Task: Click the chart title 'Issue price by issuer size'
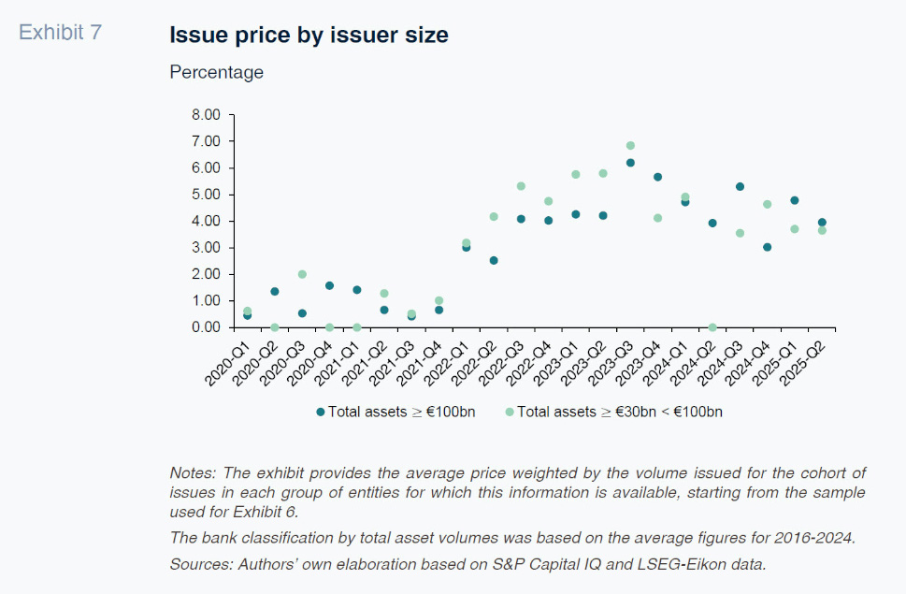pyautogui.click(x=309, y=36)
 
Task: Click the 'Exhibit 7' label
pyautogui.click(x=61, y=32)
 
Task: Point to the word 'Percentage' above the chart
pyautogui.click(x=216, y=72)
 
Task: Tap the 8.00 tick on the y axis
pyautogui.click(x=206, y=115)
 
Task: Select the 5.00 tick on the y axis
pyautogui.click(x=206, y=195)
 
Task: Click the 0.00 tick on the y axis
pyautogui.click(x=206, y=327)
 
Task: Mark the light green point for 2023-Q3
pyautogui.click(x=630, y=146)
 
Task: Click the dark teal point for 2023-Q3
pyautogui.click(x=630, y=163)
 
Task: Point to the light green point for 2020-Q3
pyautogui.click(x=302, y=274)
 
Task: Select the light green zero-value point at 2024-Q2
pyautogui.click(x=712, y=327)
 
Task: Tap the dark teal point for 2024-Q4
pyautogui.click(x=767, y=247)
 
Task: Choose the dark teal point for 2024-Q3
pyautogui.click(x=740, y=186)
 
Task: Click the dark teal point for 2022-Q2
pyautogui.click(x=494, y=260)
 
